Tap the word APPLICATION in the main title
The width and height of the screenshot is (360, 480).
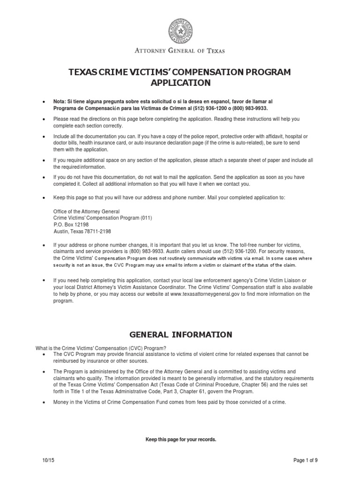coord(180,83)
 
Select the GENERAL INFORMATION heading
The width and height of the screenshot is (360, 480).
coord(180,335)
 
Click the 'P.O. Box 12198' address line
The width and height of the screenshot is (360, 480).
coord(71,225)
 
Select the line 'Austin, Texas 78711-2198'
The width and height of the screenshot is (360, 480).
coord(82,231)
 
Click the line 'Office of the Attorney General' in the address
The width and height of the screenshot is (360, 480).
coord(86,211)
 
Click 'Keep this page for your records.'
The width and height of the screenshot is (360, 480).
coord(180,440)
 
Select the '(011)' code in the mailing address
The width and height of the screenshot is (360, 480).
coord(145,218)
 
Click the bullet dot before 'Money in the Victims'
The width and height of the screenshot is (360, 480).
coord(44,403)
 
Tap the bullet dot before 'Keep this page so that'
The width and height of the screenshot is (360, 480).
coord(44,198)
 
